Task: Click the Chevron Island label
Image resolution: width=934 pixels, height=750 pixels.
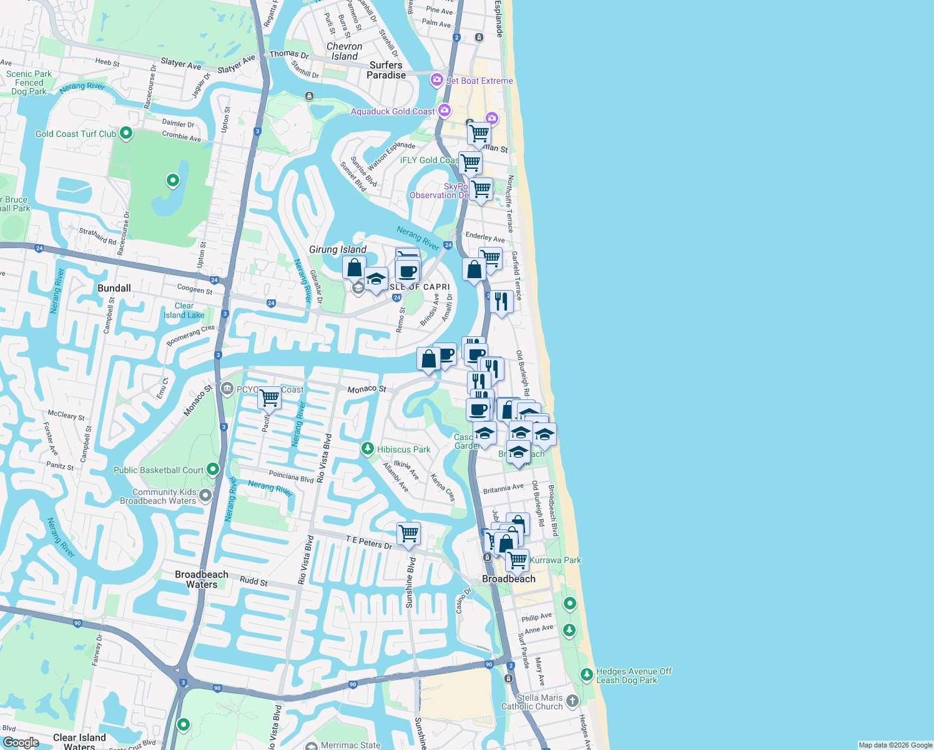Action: pos(344,51)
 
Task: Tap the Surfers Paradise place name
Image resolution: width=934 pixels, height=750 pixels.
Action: pos(386,70)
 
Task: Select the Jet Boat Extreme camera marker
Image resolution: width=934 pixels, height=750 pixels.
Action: pos(437,80)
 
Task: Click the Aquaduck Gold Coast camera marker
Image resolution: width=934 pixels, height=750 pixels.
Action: pos(444,111)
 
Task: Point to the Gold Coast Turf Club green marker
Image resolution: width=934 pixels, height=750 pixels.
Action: pos(126,133)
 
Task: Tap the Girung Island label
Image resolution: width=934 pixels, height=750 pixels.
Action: pos(338,249)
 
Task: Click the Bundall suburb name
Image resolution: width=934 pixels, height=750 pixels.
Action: pos(114,288)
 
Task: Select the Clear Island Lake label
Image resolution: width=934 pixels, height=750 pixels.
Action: pos(184,311)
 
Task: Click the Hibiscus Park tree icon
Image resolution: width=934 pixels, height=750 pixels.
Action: pos(368,449)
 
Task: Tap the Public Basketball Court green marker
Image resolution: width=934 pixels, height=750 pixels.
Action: pos(213,469)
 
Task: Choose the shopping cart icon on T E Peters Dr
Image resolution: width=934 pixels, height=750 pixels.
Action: pos(408,534)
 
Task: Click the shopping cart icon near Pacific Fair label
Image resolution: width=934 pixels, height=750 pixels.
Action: pos(269,397)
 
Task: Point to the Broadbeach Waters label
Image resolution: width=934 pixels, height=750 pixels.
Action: pos(202,579)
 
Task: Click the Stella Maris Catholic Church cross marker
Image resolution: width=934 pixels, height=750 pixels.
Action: pos(573,701)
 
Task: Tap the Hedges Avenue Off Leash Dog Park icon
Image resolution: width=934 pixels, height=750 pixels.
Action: pos(586,675)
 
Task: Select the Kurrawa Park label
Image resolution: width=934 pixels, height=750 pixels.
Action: pos(555,560)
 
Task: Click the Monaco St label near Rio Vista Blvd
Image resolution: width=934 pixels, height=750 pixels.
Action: pos(366,389)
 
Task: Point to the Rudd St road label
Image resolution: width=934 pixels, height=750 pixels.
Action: pos(253,581)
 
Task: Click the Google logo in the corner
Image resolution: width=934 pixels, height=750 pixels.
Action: pos(21,742)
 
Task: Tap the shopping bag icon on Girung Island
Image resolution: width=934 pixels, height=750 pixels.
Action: pos(354,267)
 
